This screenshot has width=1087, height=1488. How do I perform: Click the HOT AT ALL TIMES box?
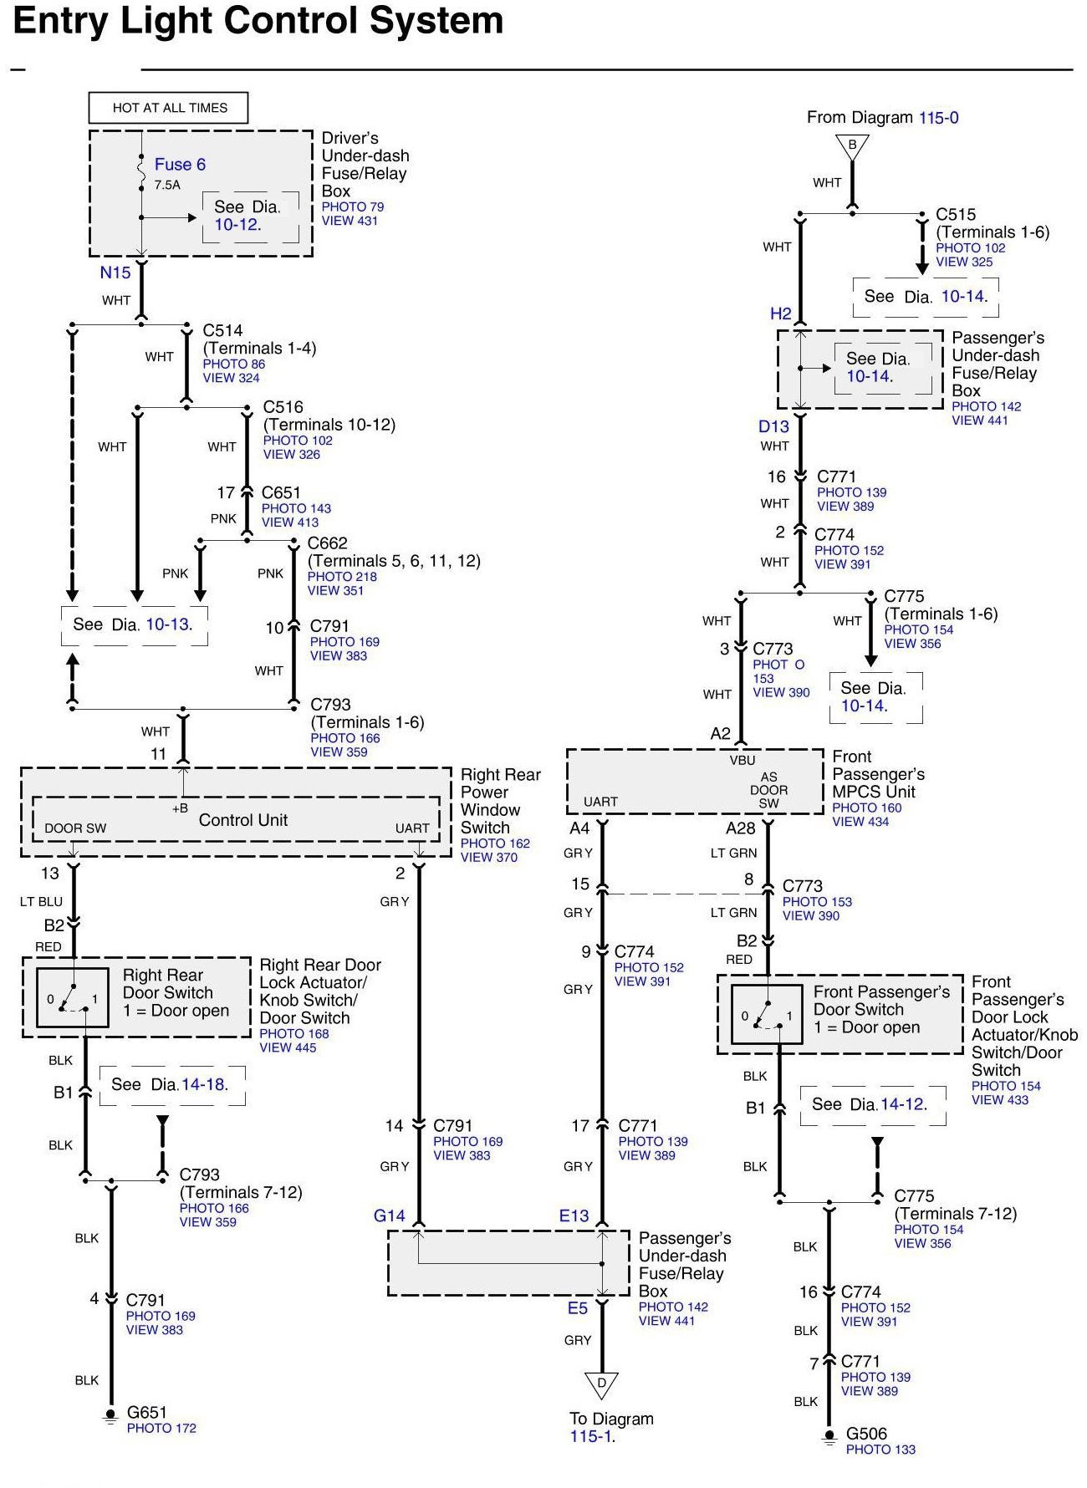169,108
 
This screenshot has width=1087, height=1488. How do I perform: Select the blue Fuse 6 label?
180,165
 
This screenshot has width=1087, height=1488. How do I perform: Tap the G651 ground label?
146,1412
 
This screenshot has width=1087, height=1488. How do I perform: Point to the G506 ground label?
866,1434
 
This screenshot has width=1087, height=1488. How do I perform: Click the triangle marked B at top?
852,146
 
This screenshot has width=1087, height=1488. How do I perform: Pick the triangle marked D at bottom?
601,1384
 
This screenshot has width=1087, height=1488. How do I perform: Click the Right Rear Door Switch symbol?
73,997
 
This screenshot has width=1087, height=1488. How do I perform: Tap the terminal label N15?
115,273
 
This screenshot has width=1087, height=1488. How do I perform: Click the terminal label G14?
389,1215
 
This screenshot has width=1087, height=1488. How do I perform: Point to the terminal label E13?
574,1215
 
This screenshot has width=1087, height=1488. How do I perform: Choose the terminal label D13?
773,426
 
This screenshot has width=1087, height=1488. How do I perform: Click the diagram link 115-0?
938,118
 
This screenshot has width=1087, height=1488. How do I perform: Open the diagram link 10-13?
168,624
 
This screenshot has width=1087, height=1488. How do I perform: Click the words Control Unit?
242,820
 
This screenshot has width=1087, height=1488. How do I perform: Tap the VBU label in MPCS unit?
742,761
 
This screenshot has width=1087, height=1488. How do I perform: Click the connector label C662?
327,543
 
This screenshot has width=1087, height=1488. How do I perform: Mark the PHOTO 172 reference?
161,1428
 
